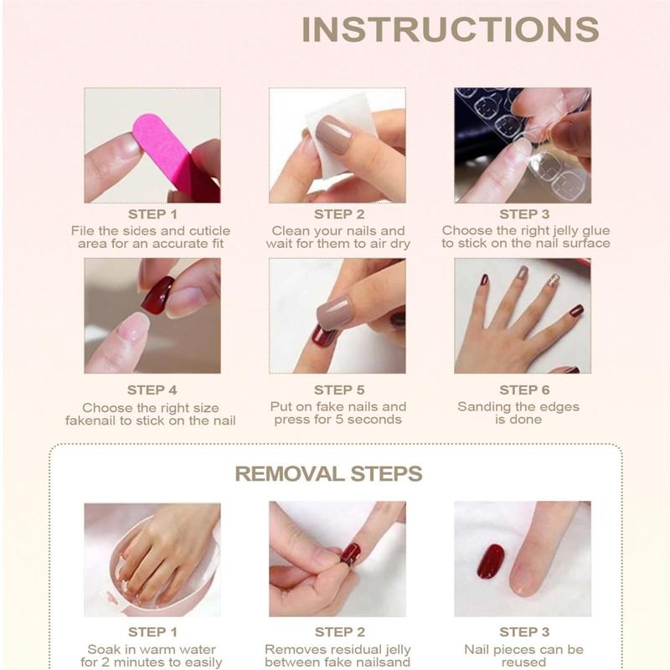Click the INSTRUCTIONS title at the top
click(x=450, y=28)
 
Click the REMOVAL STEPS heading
click(x=328, y=474)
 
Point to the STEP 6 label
click(x=524, y=389)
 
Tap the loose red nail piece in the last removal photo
click(x=490, y=561)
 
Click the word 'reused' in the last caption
click(x=524, y=662)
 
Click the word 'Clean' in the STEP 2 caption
click(x=291, y=230)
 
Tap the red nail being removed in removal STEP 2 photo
click(x=351, y=554)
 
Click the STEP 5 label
click(x=339, y=389)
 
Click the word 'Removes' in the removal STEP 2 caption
click(x=289, y=649)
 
